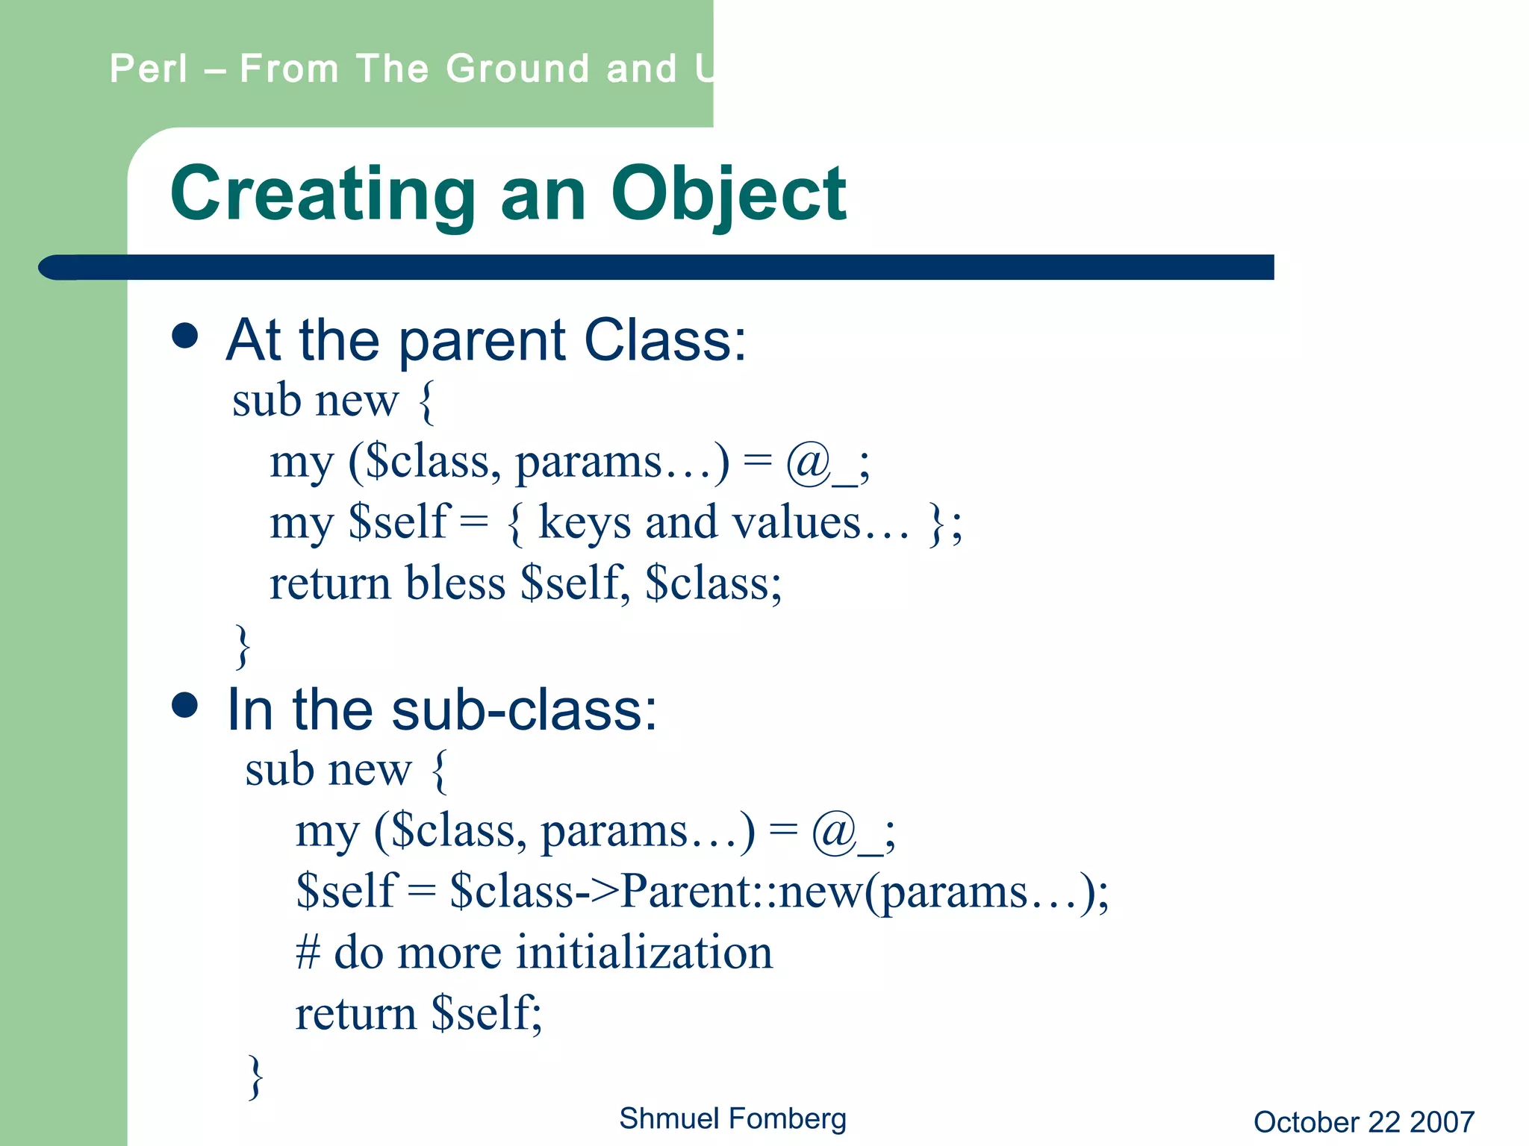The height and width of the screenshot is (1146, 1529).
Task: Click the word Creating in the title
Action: point(323,194)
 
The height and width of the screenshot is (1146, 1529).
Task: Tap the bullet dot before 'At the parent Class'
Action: point(184,336)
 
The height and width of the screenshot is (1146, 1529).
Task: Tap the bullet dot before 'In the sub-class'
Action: point(184,704)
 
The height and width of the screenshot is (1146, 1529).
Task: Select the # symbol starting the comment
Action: point(308,953)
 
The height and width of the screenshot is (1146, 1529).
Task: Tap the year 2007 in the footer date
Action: point(1442,1122)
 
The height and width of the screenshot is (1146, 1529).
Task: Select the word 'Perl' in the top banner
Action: point(149,69)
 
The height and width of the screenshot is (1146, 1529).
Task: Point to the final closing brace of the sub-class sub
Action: point(255,1076)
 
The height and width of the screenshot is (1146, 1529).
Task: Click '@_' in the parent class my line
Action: point(820,463)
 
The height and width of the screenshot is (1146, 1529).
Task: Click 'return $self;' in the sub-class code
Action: point(418,1013)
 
